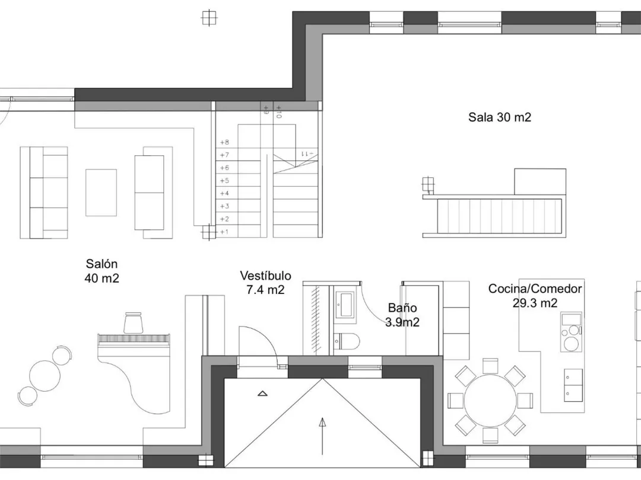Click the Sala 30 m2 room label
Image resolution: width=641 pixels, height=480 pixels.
pyautogui.click(x=500, y=117)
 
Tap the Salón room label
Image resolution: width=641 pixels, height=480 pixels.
pyautogui.click(x=102, y=271)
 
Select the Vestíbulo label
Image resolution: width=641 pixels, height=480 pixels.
pyautogui.click(x=266, y=283)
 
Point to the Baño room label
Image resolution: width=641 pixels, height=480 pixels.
pyautogui.click(x=402, y=315)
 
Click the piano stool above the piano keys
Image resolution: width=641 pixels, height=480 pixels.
pyautogui.click(x=133, y=323)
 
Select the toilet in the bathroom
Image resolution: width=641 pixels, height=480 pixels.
pyautogui.click(x=346, y=341)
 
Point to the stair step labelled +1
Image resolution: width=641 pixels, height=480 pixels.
pyautogui.click(x=239, y=232)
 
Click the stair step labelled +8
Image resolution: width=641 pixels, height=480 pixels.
pyautogui.click(x=239, y=142)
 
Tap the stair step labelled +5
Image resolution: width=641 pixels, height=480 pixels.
pyautogui.click(x=239, y=180)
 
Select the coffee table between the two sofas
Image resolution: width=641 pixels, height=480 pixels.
pyautogui.click(x=101, y=193)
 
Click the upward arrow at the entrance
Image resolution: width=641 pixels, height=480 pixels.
pyautogui.click(x=322, y=436)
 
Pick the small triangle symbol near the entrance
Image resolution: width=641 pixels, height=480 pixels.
pyautogui.click(x=262, y=393)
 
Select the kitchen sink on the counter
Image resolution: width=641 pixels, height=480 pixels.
pyautogui.click(x=571, y=319)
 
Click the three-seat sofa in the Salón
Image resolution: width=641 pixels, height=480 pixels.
pyautogui.click(x=44, y=193)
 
